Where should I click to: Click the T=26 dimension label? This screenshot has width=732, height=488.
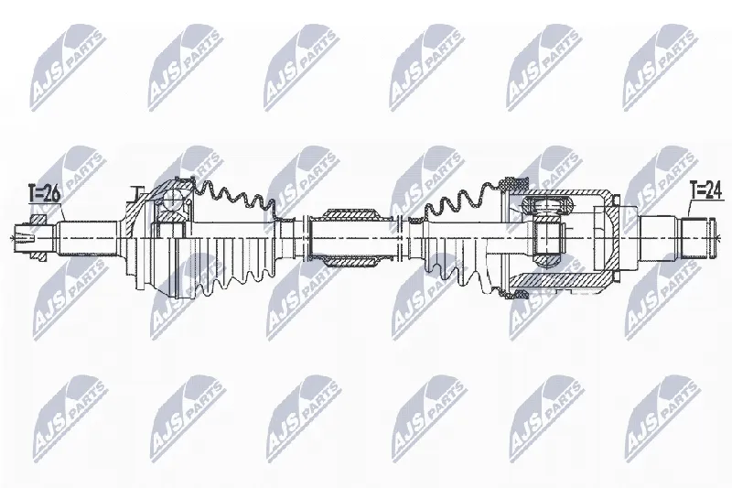(x=44, y=193)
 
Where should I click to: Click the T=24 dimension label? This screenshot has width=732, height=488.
(x=706, y=191)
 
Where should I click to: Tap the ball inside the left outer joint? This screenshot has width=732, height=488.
(x=173, y=201)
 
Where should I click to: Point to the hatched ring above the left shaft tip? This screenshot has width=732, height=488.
(x=38, y=219)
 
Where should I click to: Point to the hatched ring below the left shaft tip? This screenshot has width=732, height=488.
(x=38, y=257)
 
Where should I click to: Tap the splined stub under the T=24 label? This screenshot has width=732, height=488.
(x=697, y=238)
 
